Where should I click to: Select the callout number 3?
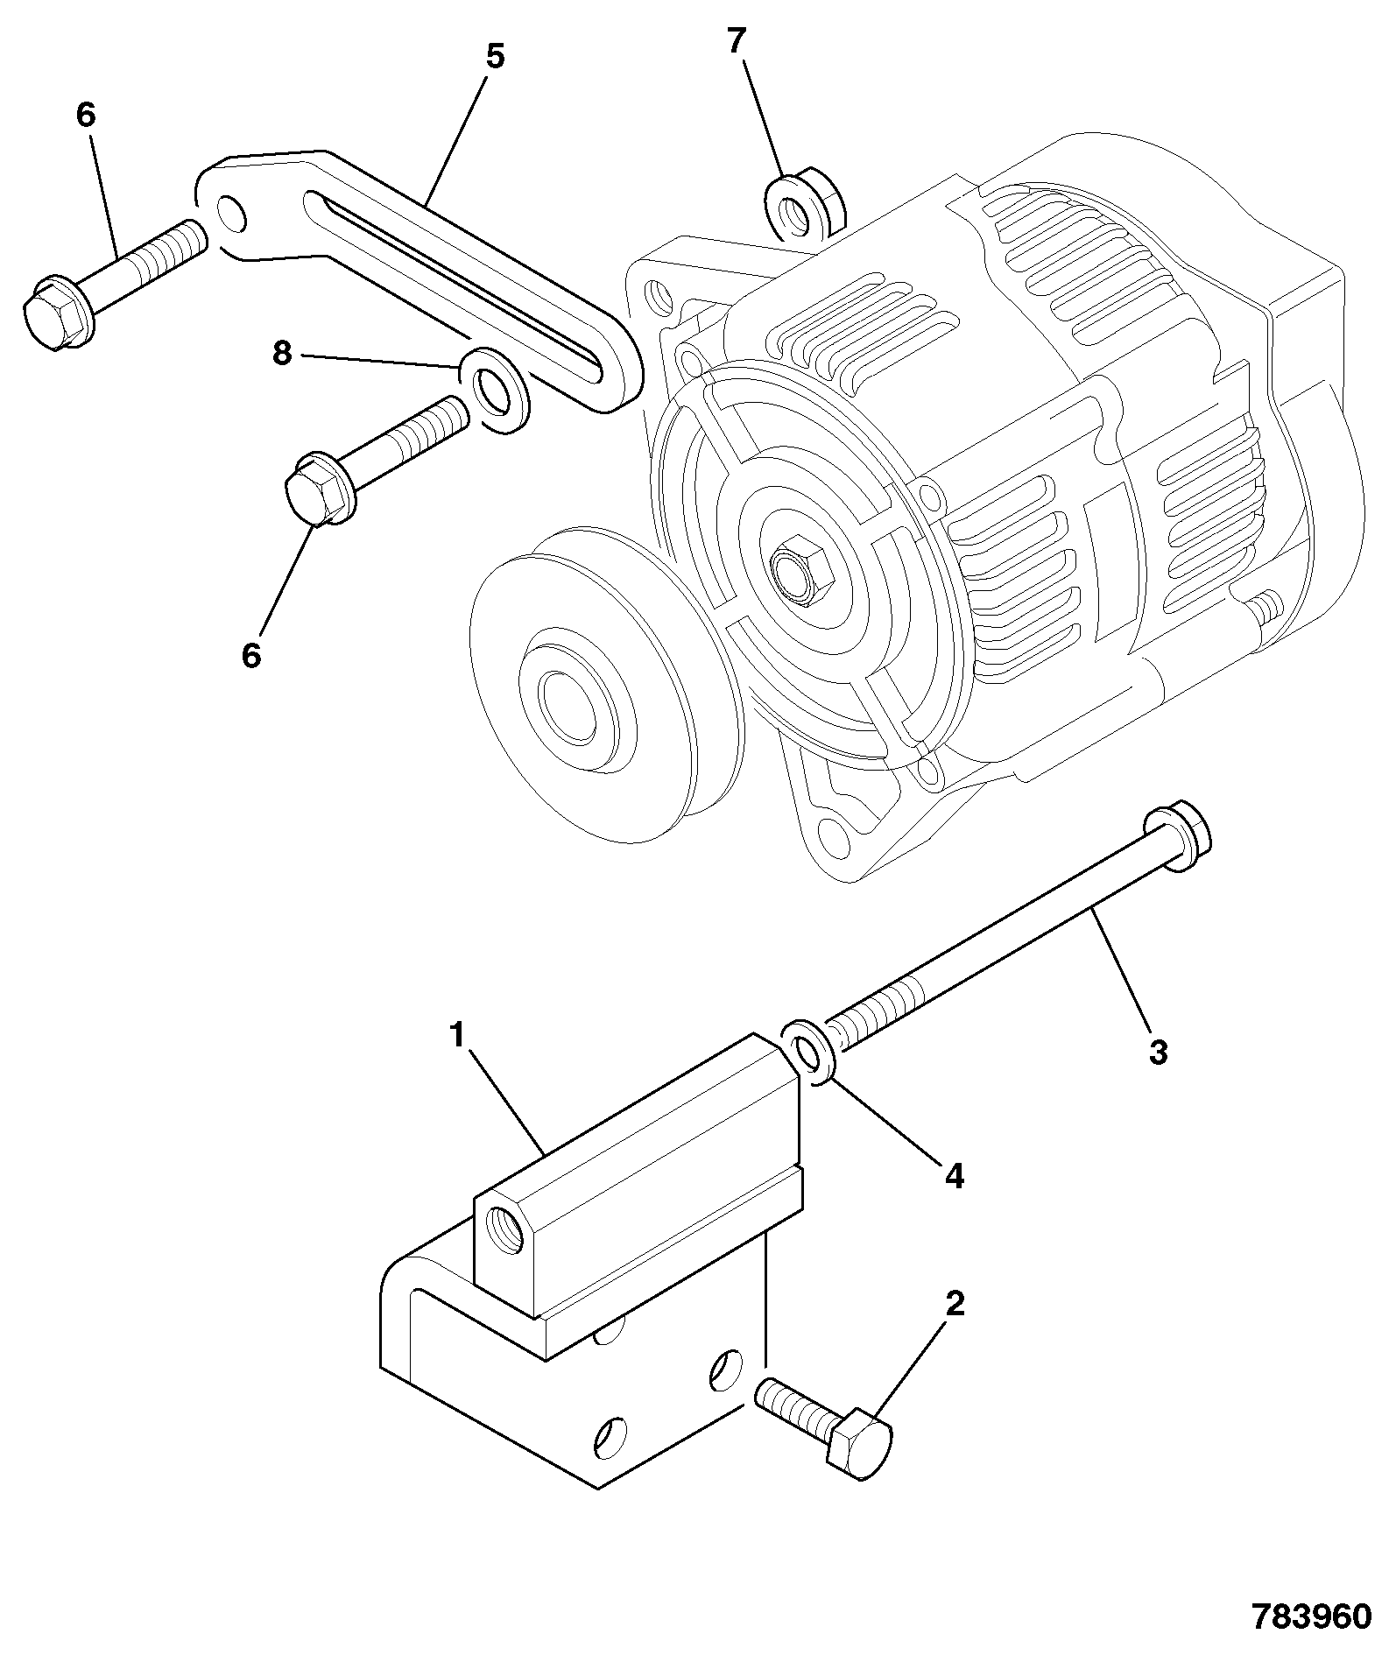coord(1158,1052)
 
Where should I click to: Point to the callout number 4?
coord(955,1176)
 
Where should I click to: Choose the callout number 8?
coord(281,355)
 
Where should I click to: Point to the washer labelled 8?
coord(496,390)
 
